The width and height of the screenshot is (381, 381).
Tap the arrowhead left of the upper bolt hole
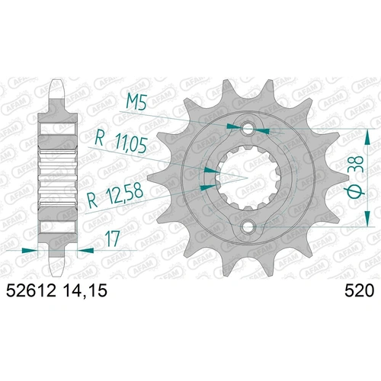tap(233, 124)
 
